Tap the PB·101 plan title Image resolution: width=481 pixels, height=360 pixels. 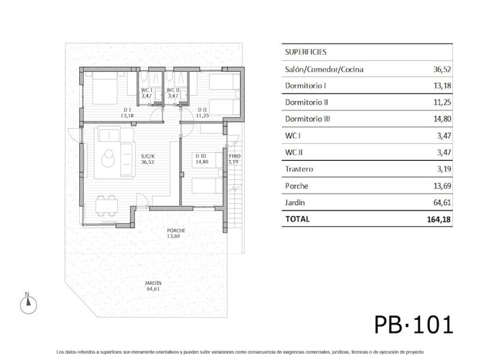413,323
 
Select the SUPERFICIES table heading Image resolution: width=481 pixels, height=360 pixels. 305,51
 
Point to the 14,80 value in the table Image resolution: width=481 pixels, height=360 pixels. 441,119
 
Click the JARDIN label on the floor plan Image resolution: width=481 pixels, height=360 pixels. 153,283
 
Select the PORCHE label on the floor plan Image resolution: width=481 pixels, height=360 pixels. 176,230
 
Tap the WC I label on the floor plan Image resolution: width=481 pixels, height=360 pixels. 146,90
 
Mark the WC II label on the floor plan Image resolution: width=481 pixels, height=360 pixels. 173,90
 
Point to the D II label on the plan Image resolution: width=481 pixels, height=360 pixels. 203,109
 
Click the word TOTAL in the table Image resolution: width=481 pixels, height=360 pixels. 297,220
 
